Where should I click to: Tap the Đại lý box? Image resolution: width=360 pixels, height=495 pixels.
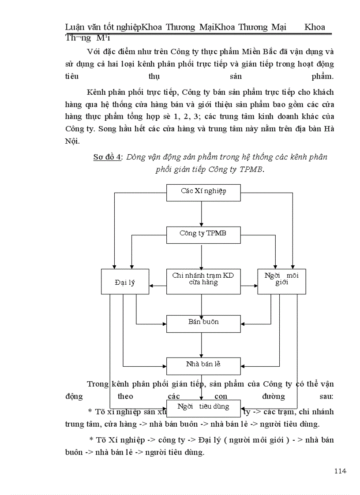point(125,282)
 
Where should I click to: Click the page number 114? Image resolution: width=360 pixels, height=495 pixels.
point(340,471)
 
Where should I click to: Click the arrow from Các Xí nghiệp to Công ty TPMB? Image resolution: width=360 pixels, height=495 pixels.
point(202,214)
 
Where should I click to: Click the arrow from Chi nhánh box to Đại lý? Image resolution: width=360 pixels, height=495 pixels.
point(157,286)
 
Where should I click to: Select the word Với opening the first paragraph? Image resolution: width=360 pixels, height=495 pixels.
point(94,52)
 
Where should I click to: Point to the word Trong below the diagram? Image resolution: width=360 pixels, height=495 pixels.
point(97,384)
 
